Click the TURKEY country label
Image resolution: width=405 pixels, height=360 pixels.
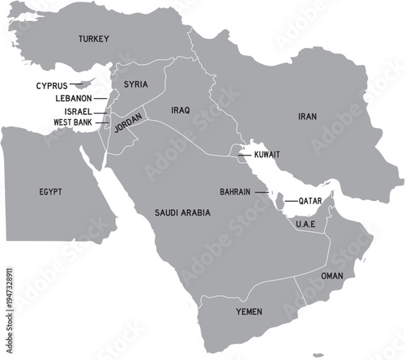(94, 39)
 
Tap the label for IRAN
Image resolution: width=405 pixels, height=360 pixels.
(307, 117)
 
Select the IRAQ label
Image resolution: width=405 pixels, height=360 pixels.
(180, 109)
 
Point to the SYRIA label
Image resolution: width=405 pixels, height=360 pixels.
(135, 84)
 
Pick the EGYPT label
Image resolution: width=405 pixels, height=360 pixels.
(50, 191)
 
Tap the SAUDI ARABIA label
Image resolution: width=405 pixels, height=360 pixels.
(182, 212)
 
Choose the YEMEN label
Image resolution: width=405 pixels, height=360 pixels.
(249, 311)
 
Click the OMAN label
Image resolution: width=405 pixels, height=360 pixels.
(332, 276)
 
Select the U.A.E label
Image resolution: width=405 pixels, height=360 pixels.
(305, 224)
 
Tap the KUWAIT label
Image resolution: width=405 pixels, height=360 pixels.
(267, 153)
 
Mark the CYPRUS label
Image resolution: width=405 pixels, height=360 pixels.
(51, 85)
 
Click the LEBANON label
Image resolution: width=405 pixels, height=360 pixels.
(73, 98)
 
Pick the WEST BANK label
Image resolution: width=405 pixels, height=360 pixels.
(72, 122)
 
